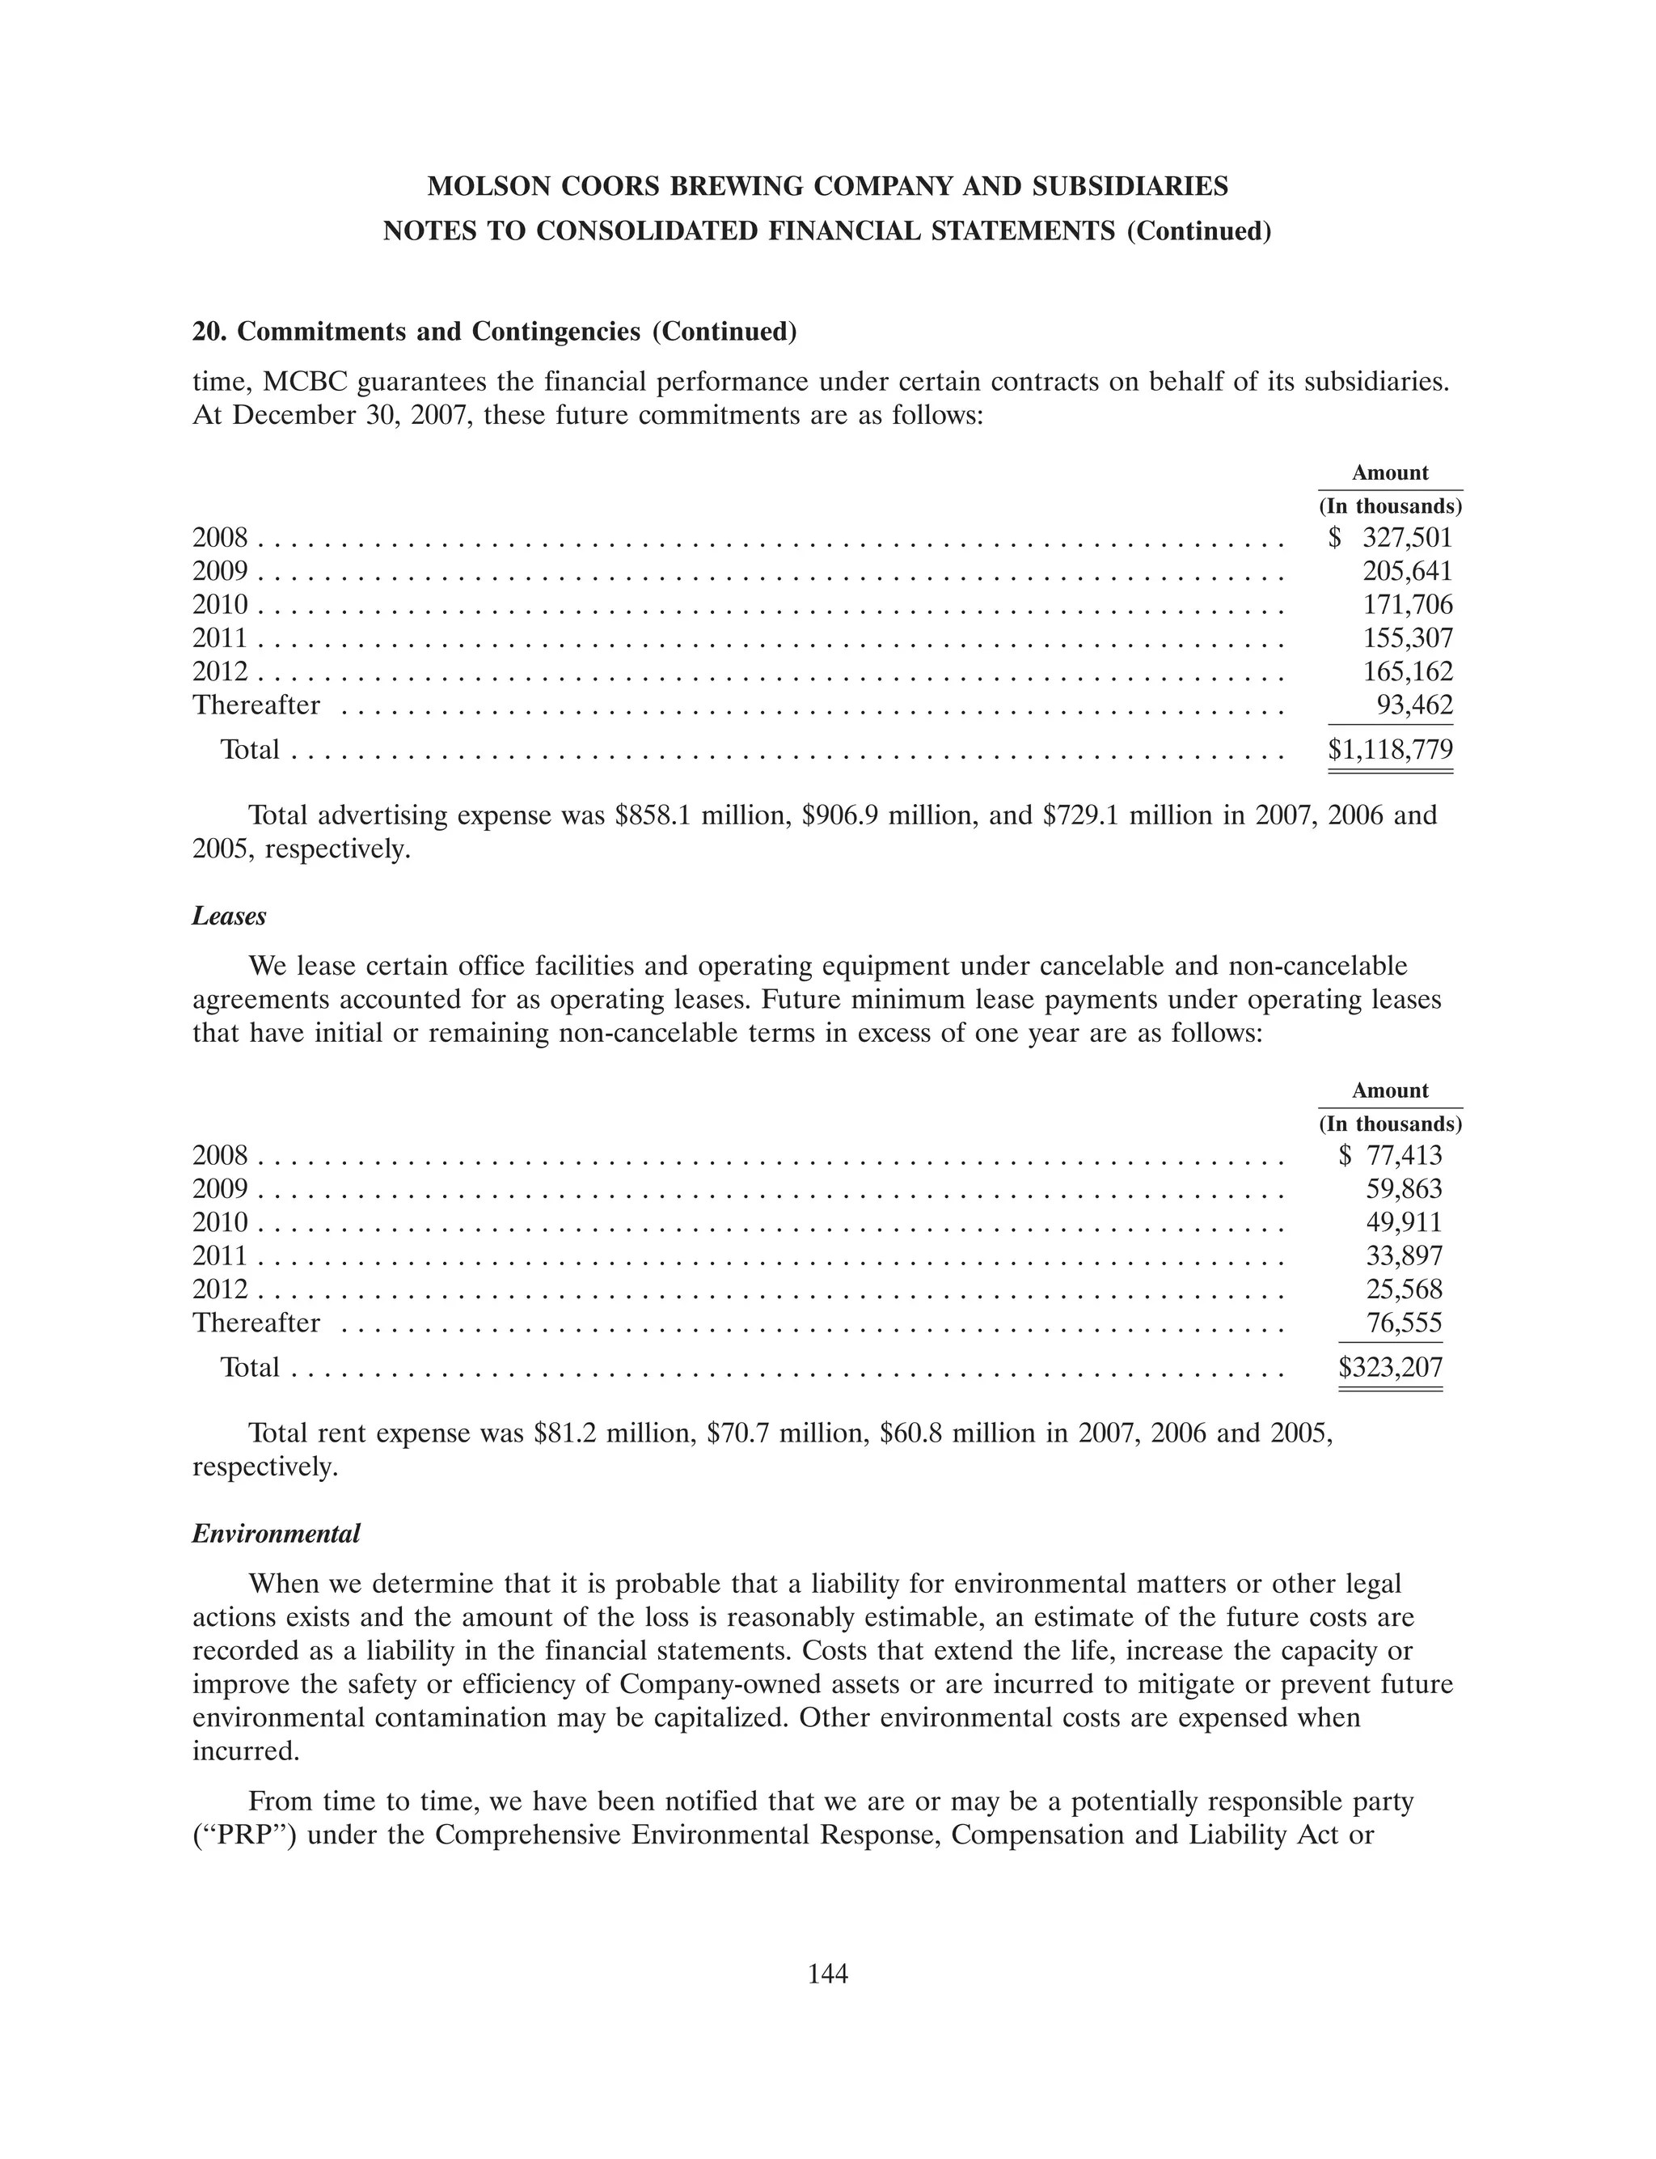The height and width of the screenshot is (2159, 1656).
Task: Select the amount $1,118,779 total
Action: pos(1390,750)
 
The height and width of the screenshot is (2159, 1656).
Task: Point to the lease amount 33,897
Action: pos(1404,1256)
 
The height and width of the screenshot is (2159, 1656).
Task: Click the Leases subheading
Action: pos(229,916)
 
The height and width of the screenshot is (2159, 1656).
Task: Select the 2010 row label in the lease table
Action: pos(220,1222)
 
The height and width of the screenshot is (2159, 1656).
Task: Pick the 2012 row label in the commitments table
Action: pos(220,671)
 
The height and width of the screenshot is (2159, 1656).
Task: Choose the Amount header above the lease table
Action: pos(1389,1090)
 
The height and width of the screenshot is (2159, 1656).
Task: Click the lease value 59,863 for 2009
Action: pos(1404,1189)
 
